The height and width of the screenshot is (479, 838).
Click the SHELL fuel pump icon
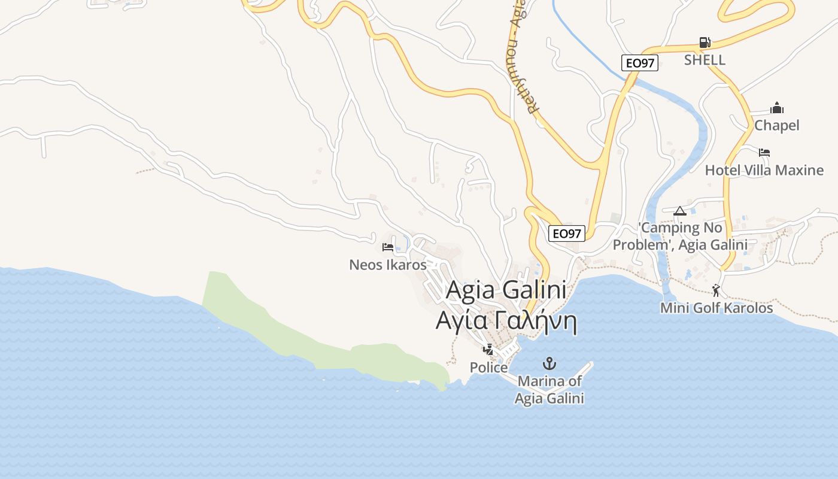[x=705, y=43]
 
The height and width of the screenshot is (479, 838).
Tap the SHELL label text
[x=705, y=60]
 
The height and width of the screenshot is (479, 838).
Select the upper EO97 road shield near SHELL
[x=639, y=63]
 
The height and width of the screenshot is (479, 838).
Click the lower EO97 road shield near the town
[x=566, y=234]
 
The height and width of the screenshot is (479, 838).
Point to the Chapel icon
[x=777, y=108]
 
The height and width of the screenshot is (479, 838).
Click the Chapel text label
[x=776, y=125]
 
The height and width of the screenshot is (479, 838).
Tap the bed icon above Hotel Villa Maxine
[x=764, y=153]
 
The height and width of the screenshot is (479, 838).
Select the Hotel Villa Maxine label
[x=764, y=170]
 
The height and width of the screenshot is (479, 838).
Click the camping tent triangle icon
[x=679, y=211]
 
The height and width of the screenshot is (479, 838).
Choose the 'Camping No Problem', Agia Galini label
[x=680, y=236]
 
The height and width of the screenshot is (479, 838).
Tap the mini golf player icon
[x=716, y=291]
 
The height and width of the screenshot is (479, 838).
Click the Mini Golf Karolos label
[x=716, y=308]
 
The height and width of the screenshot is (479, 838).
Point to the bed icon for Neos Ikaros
[x=388, y=247]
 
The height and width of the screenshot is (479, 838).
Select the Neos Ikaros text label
[x=388, y=264]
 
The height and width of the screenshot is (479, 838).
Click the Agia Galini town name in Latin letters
[x=506, y=290]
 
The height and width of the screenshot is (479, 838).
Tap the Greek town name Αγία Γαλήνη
[x=506, y=321]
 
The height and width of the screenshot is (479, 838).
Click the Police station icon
[x=489, y=350]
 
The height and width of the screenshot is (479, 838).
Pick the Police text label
[x=488, y=367]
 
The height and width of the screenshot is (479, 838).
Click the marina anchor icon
[x=549, y=363]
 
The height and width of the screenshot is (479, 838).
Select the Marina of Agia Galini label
[x=549, y=389]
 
